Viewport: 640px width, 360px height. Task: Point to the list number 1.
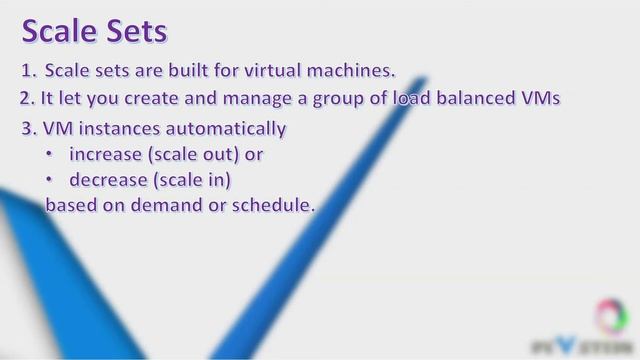point(27,71)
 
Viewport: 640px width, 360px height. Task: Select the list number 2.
point(27,99)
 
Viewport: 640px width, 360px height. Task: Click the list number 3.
point(27,129)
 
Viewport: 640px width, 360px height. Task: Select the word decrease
point(107,180)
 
